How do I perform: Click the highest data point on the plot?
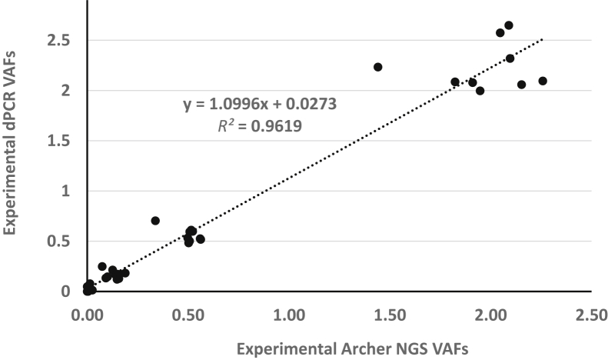(x=508, y=25)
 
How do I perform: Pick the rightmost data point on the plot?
(x=543, y=81)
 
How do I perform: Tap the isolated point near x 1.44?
(x=377, y=67)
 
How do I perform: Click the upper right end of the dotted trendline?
(x=543, y=38)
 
